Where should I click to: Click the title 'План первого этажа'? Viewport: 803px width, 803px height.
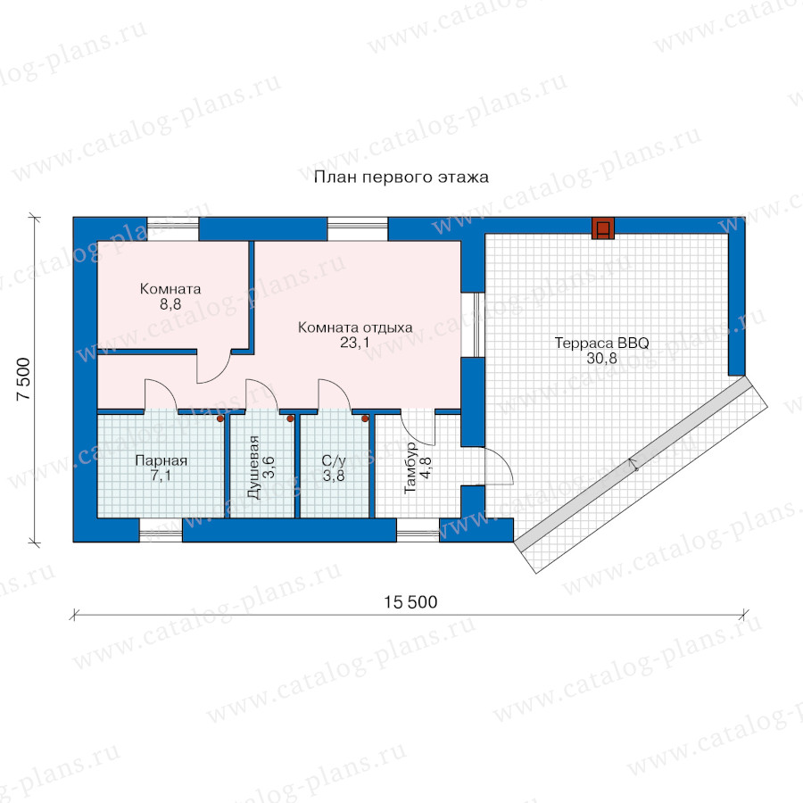pyautogui.click(x=401, y=178)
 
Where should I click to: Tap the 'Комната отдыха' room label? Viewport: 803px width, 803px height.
pyautogui.click(x=355, y=327)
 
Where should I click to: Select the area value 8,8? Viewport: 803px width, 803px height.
pyautogui.click(x=170, y=304)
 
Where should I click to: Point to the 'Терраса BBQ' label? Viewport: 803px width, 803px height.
pyautogui.click(x=601, y=343)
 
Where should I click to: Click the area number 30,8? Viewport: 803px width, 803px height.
pyautogui.click(x=601, y=359)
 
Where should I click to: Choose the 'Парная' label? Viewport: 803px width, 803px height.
pyautogui.click(x=161, y=460)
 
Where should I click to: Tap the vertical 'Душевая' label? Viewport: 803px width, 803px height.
pyautogui.click(x=253, y=467)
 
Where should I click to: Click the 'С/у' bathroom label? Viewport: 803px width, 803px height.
pyautogui.click(x=334, y=460)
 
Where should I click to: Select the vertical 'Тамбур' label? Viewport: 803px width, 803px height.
pyautogui.click(x=410, y=468)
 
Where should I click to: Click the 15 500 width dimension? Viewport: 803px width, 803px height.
pyautogui.click(x=410, y=601)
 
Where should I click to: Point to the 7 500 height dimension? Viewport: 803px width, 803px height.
pyautogui.click(x=23, y=379)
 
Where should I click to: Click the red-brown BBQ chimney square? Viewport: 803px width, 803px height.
pyautogui.click(x=603, y=228)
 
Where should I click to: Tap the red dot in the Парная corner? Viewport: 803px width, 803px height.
pyautogui.click(x=220, y=418)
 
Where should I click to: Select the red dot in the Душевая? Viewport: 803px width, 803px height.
pyautogui.click(x=290, y=418)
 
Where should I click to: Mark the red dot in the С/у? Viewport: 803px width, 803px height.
pyautogui.click(x=365, y=418)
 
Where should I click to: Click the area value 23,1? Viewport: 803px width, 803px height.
pyautogui.click(x=355, y=343)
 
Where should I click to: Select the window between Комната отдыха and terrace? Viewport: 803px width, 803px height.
pyautogui.click(x=473, y=325)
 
